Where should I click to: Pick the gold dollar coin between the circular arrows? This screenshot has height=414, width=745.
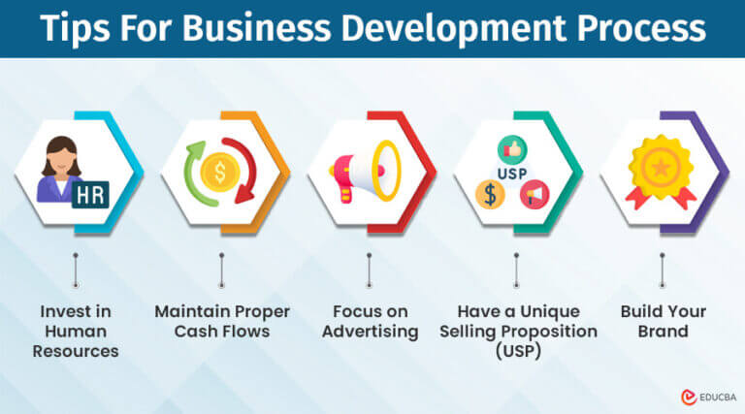click(x=221, y=175)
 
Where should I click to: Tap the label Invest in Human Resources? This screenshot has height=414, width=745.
click(x=75, y=331)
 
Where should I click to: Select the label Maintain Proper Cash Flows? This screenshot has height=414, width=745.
click(x=221, y=321)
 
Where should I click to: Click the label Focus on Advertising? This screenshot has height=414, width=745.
click(x=370, y=321)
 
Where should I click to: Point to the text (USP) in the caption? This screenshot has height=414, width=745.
click(x=515, y=350)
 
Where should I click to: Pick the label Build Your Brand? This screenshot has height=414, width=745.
click(x=664, y=321)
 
